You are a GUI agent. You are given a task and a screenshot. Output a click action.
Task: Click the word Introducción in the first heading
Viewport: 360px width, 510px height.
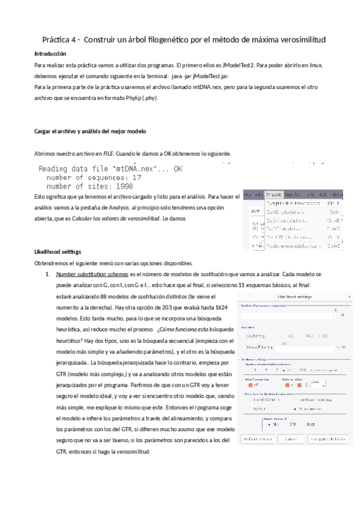click(50, 54)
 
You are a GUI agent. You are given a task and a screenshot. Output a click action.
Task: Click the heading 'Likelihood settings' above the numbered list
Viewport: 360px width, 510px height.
click(58, 251)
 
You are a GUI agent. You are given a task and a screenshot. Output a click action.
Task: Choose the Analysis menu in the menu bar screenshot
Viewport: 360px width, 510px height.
click(273, 195)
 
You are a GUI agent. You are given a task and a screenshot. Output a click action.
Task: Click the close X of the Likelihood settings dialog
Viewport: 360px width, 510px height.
click(350, 297)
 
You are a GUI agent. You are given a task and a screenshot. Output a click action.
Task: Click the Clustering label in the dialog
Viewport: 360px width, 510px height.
click(256, 336)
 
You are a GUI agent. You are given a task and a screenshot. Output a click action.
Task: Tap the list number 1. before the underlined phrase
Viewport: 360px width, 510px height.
click(48, 274)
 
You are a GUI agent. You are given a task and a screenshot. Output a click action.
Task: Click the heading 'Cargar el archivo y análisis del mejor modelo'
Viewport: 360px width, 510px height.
click(90, 131)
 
